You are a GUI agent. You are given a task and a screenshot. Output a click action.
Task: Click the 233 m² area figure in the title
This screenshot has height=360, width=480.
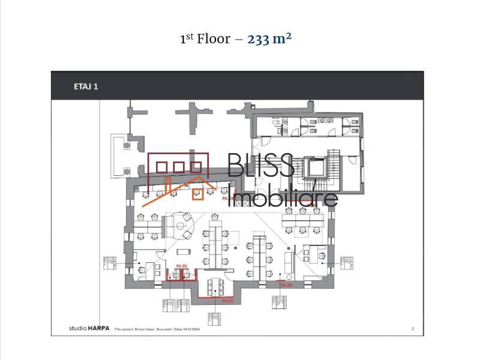(269, 39)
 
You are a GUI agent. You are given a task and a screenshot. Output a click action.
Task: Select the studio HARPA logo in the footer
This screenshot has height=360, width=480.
(83, 329)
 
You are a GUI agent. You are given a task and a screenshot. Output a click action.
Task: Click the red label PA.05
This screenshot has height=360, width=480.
(182, 265)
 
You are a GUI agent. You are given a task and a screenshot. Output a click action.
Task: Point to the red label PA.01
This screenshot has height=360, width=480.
(227, 299)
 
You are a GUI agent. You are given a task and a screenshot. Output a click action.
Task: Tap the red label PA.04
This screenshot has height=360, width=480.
(286, 285)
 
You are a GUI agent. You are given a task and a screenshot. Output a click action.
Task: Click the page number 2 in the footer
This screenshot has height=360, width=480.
(412, 329)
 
